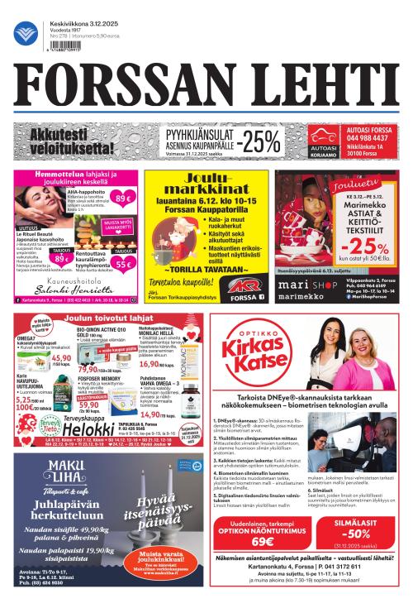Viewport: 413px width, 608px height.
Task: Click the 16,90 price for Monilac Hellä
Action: click(154, 362)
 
